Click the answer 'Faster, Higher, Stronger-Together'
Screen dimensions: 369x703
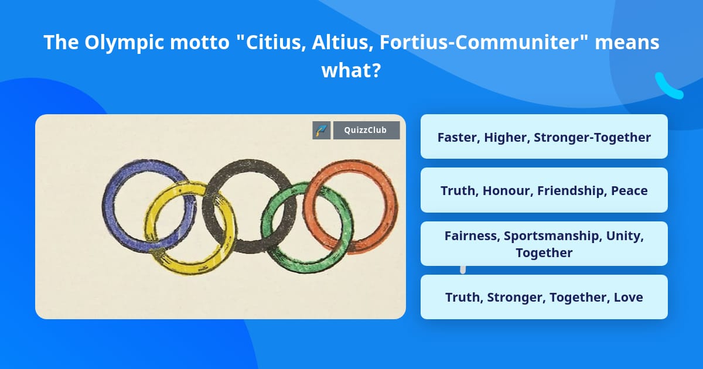[x=544, y=137]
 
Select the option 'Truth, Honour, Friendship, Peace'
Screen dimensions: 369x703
[x=544, y=190]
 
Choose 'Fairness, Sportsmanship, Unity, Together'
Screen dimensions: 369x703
[x=544, y=244]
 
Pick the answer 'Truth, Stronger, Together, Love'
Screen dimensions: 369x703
[x=544, y=297]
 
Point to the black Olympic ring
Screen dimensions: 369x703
[x=249, y=165]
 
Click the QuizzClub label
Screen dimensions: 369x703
[x=366, y=130]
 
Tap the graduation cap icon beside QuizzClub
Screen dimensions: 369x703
[x=322, y=130]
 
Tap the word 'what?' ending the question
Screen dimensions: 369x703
[x=351, y=71]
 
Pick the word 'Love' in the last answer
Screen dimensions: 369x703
[x=628, y=297]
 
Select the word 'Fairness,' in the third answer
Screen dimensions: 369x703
[x=472, y=236]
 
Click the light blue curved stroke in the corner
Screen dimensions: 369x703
[x=668, y=87]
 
